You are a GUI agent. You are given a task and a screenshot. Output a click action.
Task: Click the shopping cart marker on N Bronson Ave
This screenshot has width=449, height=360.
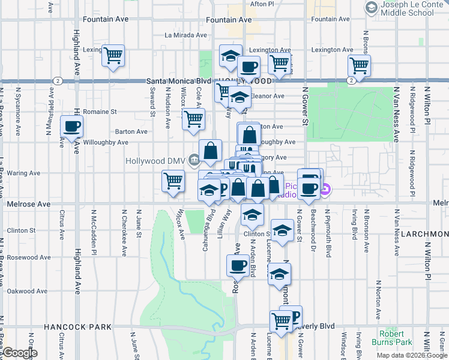click(x=359, y=65)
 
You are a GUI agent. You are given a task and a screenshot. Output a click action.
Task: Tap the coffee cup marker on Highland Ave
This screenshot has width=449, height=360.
click(x=71, y=127)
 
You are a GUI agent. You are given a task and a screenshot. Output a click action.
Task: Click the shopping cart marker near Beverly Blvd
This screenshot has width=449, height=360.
click(x=280, y=321)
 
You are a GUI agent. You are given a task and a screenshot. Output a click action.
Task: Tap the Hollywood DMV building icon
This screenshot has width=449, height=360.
click(x=194, y=160)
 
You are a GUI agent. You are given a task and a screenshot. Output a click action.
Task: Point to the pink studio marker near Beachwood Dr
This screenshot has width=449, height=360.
click(x=325, y=192)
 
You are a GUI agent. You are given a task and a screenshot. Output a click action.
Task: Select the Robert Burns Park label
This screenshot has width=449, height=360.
click(x=396, y=338)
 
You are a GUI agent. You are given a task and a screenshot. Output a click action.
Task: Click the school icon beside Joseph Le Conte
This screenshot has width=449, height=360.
click(x=370, y=8)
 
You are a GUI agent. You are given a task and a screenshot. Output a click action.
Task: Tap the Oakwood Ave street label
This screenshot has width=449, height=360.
click(x=27, y=291)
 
